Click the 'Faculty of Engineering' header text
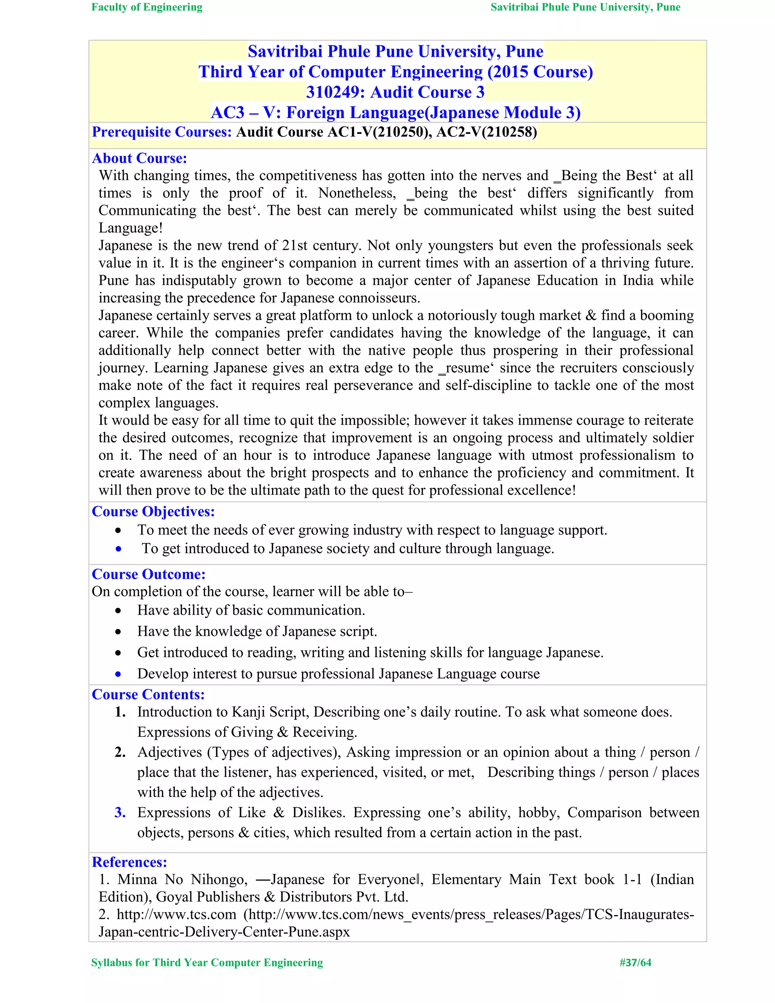146,7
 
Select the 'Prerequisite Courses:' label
162,132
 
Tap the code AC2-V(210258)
486,132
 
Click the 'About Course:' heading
140,159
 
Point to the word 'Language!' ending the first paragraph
131,228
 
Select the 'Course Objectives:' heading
153,512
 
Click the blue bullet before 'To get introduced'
118,548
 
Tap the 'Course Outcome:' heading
148,575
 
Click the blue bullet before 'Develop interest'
118,674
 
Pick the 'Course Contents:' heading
148,695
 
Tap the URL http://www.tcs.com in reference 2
176,915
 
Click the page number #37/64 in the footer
635,963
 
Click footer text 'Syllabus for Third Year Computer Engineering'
207,963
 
